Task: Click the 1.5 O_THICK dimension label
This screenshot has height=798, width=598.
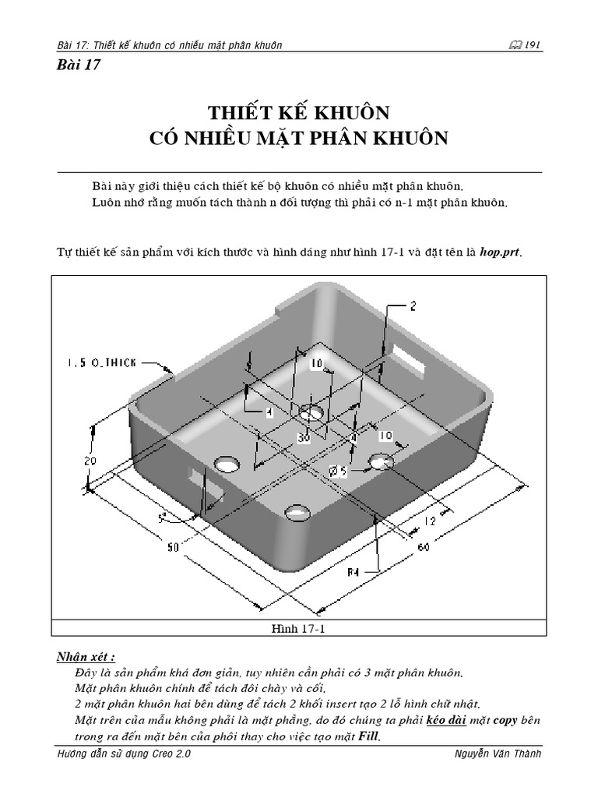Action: [x=101, y=362]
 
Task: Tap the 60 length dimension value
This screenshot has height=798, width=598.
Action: [x=424, y=548]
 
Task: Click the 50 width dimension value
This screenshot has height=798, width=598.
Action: [x=173, y=548]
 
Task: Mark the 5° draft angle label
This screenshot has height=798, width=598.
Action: [x=163, y=517]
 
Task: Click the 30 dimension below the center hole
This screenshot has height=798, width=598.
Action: [x=304, y=439]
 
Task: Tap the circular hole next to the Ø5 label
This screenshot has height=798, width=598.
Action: [x=382, y=461]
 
